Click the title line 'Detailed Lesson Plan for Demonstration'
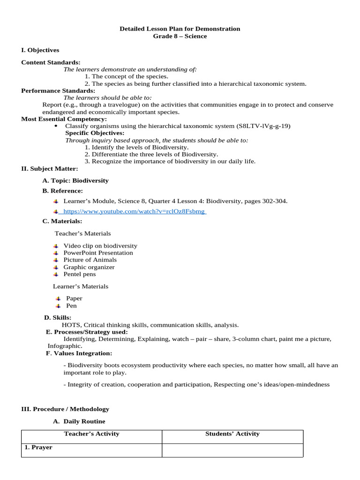(180, 29)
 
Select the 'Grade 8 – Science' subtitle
(180, 36)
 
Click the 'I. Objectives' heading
(40, 50)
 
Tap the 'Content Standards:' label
(51, 62)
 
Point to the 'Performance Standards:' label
(58, 91)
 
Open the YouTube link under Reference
(134, 211)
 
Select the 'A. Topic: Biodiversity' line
(75, 180)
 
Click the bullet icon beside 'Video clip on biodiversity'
(56, 246)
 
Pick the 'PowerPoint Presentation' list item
(98, 253)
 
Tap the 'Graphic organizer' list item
(89, 267)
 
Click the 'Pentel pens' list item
(80, 274)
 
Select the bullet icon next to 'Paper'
(58, 299)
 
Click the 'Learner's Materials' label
(81, 286)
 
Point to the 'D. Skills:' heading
(58, 318)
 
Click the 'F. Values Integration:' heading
(79, 353)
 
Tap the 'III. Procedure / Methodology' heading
(65, 409)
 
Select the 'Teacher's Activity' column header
(91, 434)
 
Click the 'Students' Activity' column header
(232, 434)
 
